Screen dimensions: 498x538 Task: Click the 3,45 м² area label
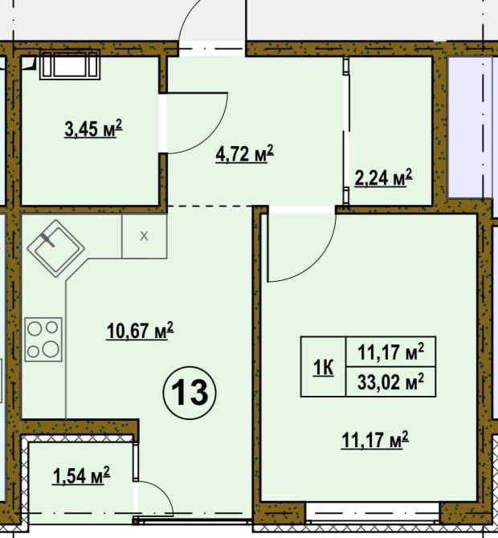[93, 128]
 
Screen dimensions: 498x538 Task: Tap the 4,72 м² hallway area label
[245, 154]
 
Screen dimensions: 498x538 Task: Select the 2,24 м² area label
[383, 177]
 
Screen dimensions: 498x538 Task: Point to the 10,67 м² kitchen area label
[140, 331]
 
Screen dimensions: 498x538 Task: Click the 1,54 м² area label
[81, 475]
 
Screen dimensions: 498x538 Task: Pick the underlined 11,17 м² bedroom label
[375, 440]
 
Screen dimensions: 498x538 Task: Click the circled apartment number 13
[190, 393]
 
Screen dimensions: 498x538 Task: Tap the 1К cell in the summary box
[324, 367]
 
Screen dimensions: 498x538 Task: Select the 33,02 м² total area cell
[390, 381]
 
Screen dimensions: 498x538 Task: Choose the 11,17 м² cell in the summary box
[390, 352]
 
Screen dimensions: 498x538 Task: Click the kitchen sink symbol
[56, 248]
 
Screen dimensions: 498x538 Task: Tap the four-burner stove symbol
[43, 340]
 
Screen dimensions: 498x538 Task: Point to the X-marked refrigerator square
[144, 236]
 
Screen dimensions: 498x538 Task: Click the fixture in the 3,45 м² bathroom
[70, 65]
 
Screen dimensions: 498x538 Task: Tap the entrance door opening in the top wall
[212, 49]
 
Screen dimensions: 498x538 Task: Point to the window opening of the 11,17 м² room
[373, 513]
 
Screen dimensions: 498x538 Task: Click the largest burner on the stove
[51, 348]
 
